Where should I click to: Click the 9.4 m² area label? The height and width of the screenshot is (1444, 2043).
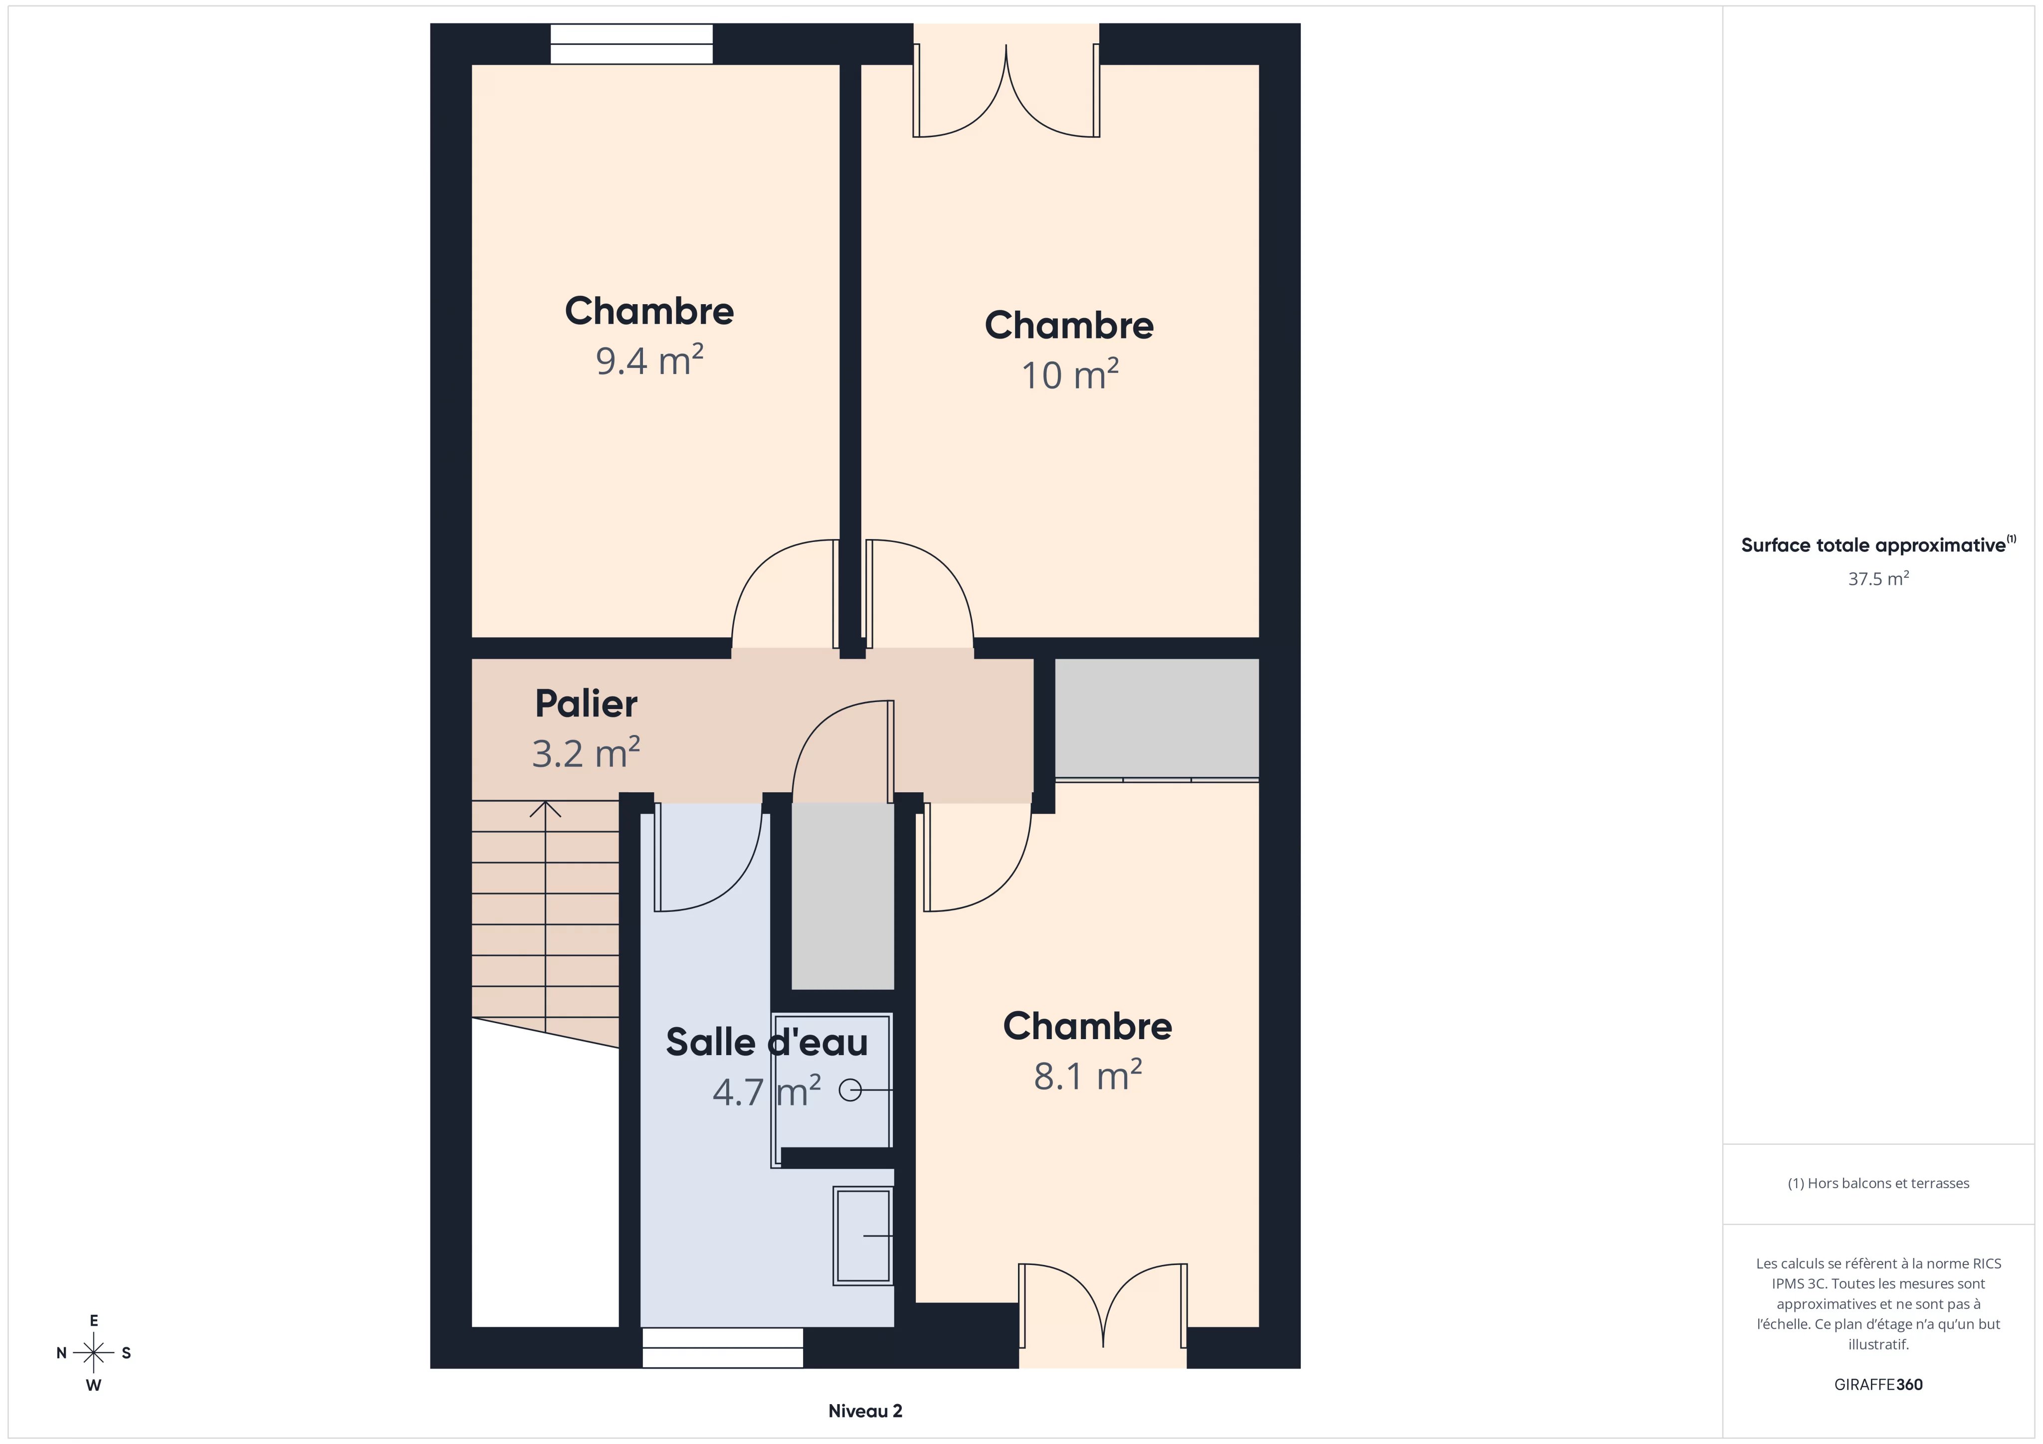point(649,361)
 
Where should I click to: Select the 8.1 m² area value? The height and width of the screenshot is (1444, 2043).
point(1087,1076)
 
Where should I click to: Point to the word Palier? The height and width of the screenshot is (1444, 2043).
point(587,704)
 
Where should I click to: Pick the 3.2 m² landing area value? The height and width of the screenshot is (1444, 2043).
point(587,753)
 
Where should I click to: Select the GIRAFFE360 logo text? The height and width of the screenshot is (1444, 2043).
point(1878,1384)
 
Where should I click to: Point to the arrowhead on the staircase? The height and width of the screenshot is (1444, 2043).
point(546,809)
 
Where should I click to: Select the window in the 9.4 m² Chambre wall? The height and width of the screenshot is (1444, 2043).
point(632,43)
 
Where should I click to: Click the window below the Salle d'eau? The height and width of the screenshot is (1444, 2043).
point(723,1348)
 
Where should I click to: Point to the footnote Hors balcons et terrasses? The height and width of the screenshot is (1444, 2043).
point(1878,1183)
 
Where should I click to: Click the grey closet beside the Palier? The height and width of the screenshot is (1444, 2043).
point(1157,718)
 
